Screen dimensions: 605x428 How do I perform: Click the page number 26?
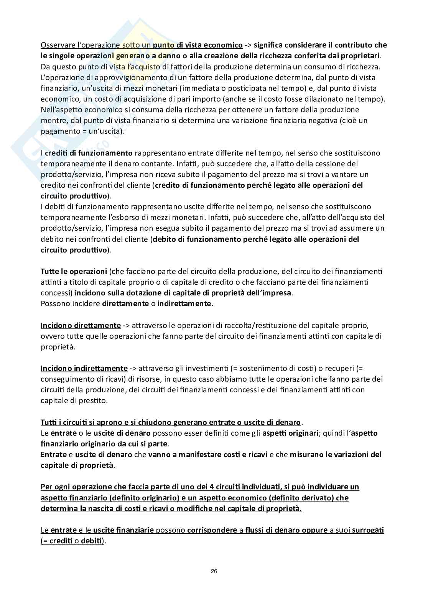[x=214, y=571]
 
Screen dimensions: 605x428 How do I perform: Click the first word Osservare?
[x=56, y=45]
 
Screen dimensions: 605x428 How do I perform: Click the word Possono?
[x=53, y=303]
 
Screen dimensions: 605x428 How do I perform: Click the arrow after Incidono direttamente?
[x=127, y=325]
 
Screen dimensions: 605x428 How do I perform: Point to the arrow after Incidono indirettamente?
[x=133, y=368]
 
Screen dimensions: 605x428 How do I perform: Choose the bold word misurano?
[x=305, y=454]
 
